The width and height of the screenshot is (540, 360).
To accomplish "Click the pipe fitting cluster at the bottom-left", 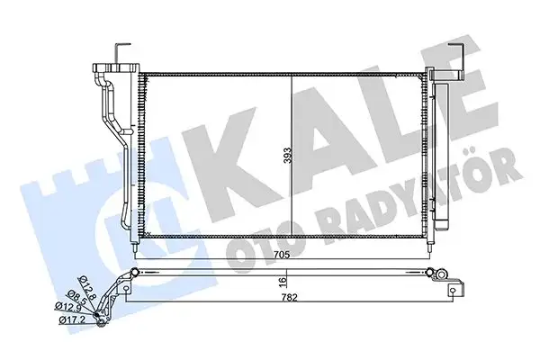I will coord(108,301).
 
